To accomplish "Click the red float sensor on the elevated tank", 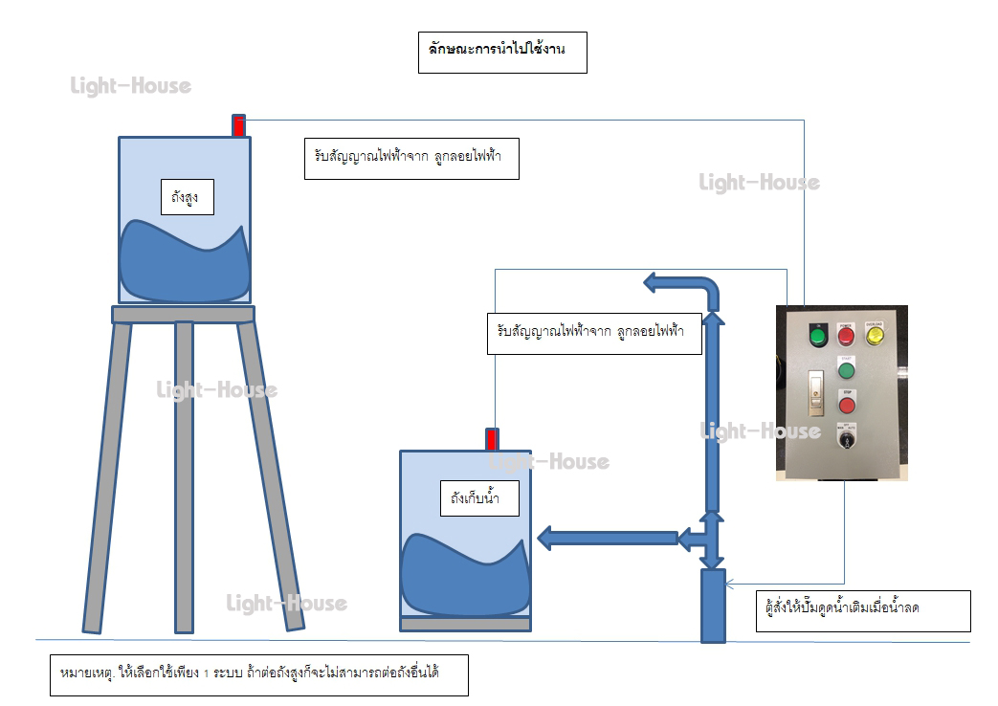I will coord(239,125).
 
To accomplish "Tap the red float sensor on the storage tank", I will coord(492,439).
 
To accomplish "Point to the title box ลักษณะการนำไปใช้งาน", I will coord(501,53).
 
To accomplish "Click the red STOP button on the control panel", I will coord(846,400).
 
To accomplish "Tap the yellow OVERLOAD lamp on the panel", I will coord(875,334).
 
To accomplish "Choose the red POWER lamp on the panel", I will coord(846,335).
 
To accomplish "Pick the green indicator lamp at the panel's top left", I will coord(817,335).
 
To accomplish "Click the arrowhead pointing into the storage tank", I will coord(549,539).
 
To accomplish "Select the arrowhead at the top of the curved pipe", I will coord(652,282).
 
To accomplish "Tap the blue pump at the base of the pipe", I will coord(713,606).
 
